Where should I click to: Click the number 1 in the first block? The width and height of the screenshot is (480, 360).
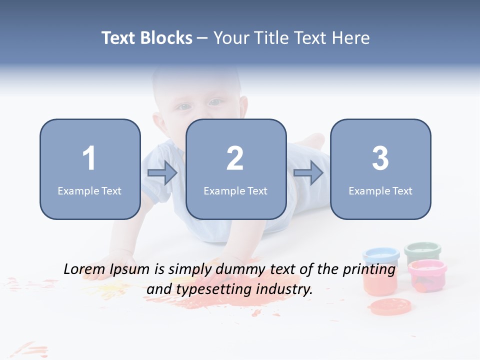click(x=89, y=158)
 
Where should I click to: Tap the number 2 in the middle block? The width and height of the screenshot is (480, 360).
click(x=235, y=158)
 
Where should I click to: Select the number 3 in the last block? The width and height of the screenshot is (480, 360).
click(x=380, y=158)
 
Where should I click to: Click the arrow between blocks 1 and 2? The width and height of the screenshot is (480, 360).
click(x=162, y=173)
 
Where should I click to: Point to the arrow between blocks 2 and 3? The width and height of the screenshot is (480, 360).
click(x=308, y=173)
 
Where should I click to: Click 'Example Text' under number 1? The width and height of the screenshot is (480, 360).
click(x=89, y=190)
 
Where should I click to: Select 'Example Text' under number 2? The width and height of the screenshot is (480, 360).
click(x=235, y=190)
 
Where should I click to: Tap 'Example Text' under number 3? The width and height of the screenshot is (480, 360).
click(x=380, y=190)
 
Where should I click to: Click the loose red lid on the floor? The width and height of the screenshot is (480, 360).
click(x=390, y=305)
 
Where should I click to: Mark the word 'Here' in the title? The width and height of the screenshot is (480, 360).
click(x=352, y=38)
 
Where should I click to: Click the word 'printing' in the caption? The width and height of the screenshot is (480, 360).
click(x=369, y=269)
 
